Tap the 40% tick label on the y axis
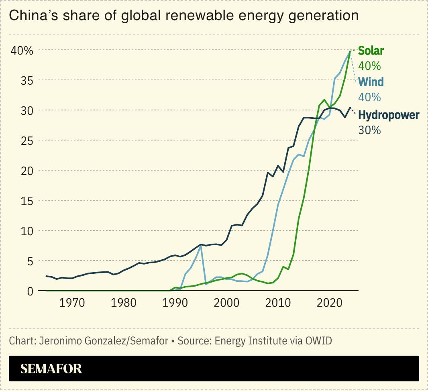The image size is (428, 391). click(x=22, y=51)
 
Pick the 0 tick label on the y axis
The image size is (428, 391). click(x=30, y=291)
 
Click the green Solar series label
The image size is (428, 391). click(x=371, y=51)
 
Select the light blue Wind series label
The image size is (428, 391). click(x=371, y=82)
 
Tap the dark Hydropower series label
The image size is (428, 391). click(x=388, y=115)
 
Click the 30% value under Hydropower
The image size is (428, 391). click(x=369, y=130)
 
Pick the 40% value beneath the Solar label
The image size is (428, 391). click(x=369, y=66)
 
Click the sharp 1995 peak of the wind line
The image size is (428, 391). click(x=201, y=246)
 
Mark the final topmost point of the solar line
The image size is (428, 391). click(x=351, y=51)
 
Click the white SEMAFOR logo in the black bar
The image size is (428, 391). click(x=51, y=369)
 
